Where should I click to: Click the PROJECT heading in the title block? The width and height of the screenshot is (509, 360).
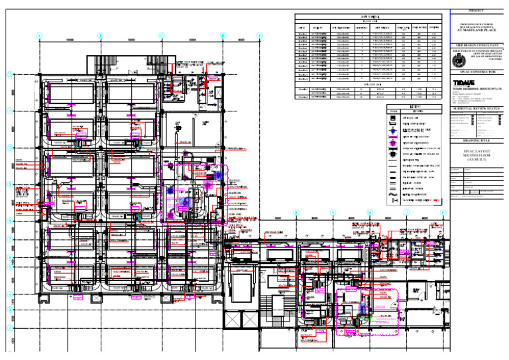coord(477,11)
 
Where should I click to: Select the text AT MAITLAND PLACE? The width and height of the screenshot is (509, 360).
coord(477,30)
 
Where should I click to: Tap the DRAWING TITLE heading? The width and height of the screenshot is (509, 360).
coord(477,141)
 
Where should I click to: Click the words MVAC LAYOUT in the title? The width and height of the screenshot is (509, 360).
coord(477,151)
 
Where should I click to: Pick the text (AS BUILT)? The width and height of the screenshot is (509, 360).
coord(477,161)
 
